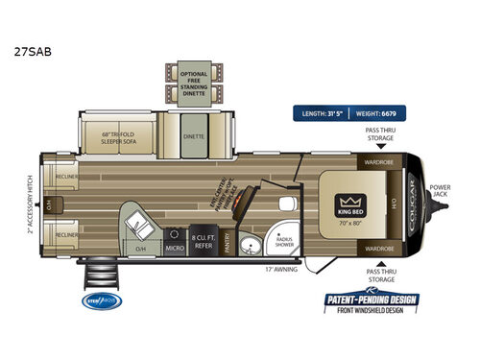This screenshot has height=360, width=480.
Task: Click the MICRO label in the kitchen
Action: coord(175,248)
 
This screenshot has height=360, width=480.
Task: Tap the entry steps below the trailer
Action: coord(100,277)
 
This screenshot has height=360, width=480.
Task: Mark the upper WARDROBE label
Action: coord(379,162)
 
